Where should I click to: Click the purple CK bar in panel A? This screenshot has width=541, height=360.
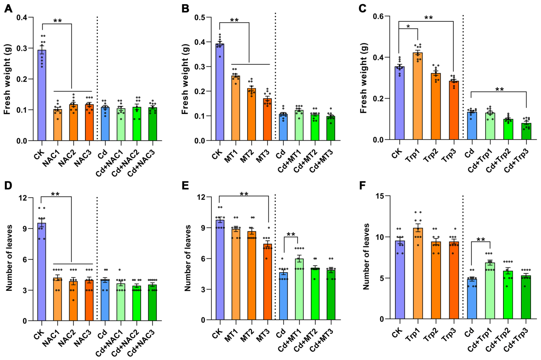[42, 96]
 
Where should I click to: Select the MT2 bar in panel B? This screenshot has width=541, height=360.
[251, 114]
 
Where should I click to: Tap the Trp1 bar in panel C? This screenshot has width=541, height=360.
[418, 96]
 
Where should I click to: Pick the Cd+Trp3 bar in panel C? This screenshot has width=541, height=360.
[526, 131]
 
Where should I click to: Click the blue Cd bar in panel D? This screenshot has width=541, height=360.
[105, 300]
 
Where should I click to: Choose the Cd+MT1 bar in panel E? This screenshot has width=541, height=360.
[299, 290]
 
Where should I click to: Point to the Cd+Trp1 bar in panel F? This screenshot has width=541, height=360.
[490, 291]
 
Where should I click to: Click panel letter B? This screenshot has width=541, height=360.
[185, 9]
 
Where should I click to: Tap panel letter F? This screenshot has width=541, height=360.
[363, 186]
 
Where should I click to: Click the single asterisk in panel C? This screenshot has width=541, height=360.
[408, 26]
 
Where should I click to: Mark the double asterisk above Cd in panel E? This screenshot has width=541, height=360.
[291, 234]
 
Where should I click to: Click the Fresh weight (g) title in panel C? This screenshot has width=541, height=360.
[363, 78]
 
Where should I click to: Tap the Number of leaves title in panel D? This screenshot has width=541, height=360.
[9, 258]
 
